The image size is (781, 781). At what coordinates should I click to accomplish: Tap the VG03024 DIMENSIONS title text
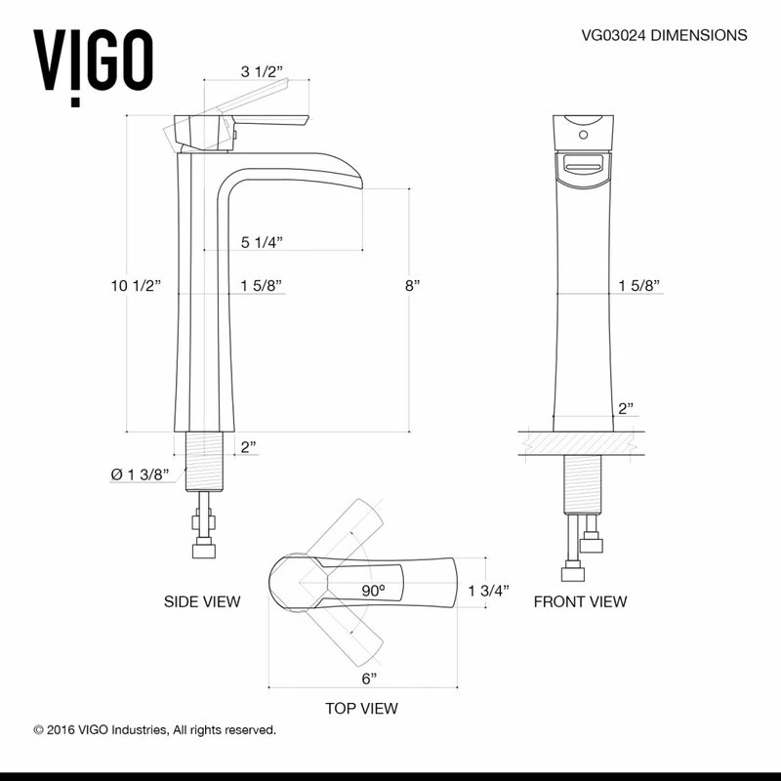664,35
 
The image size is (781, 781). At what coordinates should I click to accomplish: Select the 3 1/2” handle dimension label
261,71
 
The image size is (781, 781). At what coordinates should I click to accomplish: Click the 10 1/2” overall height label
136,285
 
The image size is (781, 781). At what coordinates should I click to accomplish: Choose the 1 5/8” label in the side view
261,285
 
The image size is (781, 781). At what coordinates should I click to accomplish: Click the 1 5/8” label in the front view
639,285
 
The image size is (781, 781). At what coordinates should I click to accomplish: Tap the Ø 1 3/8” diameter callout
141,473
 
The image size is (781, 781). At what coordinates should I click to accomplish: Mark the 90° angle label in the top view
373,591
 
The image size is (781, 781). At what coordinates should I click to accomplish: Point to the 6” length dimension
368,677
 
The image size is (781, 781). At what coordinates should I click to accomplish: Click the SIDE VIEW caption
202,601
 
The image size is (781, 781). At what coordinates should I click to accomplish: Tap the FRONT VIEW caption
580,601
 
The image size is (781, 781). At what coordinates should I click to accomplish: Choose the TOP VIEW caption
361,708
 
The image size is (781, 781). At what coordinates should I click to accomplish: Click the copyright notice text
154,729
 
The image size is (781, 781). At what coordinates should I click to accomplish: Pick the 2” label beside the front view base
626,408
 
